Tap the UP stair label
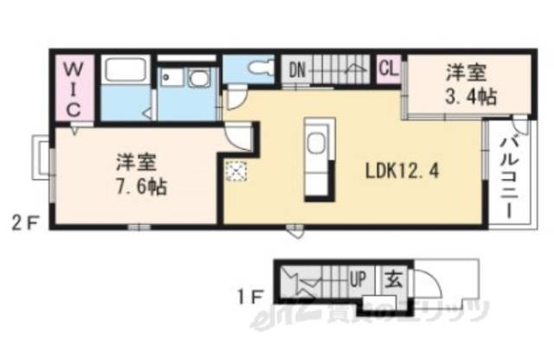pos(358,280)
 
